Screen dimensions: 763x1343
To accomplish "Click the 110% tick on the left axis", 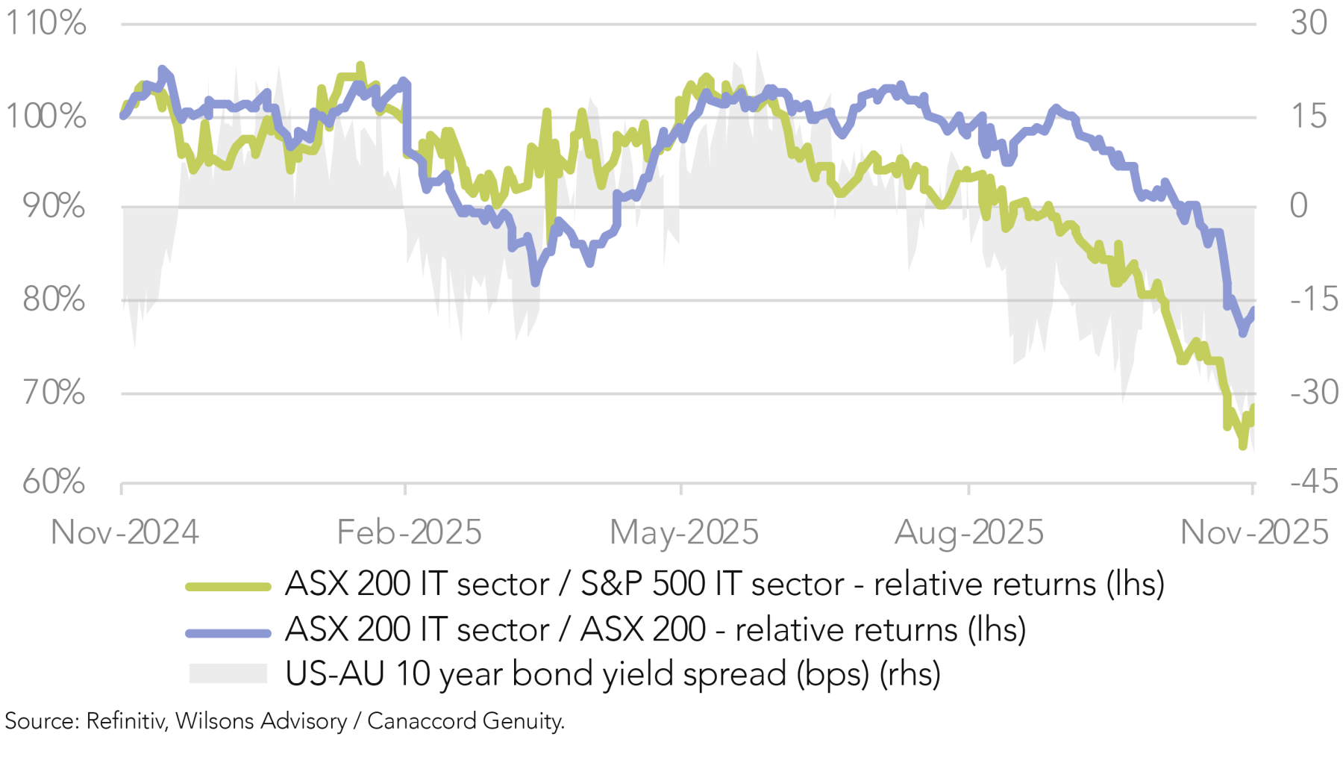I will (46, 24).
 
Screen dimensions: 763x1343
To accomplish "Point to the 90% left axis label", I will (52, 207).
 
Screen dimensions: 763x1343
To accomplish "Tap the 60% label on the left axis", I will (52, 482).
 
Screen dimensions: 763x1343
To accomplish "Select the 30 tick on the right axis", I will (1309, 24).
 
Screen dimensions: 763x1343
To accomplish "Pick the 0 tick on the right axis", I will (1299, 207).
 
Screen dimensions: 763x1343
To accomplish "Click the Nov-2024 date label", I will (125, 533).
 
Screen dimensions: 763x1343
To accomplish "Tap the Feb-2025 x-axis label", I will (409, 533).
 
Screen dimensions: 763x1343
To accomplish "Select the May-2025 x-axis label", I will (683, 533).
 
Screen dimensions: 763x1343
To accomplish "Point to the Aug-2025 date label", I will (968, 533).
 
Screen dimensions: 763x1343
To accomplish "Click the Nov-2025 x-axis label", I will (1253, 533).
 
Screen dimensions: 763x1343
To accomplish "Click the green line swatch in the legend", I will (228, 588).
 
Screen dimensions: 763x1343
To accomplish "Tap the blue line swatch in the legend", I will (228, 633).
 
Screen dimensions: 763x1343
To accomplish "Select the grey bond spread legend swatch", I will (228, 673).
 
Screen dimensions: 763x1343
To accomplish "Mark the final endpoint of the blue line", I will (1253, 309).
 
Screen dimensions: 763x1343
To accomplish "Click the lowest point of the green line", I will (1243, 446).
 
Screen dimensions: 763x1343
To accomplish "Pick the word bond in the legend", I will (541, 673).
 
